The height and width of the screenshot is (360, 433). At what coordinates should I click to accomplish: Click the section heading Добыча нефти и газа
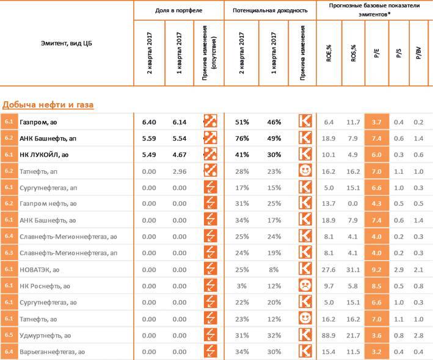[x=47, y=105]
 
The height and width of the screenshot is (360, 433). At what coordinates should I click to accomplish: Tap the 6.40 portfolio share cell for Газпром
[x=149, y=122]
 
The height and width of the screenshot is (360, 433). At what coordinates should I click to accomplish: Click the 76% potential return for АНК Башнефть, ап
[x=244, y=138]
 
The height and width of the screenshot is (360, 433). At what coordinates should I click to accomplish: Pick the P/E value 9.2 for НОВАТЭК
[x=376, y=269]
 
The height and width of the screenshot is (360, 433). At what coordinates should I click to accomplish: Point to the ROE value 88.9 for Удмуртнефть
[x=329, y=335]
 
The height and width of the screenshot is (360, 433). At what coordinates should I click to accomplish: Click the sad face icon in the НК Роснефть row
[x=305, y=286]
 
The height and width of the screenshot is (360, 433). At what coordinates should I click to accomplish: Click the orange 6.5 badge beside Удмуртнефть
[x=9, y=335]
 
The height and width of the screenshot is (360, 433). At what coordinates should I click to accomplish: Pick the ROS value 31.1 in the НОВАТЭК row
[x=353, y=269]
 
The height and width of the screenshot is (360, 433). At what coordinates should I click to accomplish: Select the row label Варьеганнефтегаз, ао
[x=52, y=351]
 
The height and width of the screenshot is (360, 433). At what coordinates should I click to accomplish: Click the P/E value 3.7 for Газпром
[x=376, y=122]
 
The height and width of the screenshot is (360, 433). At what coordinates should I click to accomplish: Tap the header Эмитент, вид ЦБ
[x=67, y=43]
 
